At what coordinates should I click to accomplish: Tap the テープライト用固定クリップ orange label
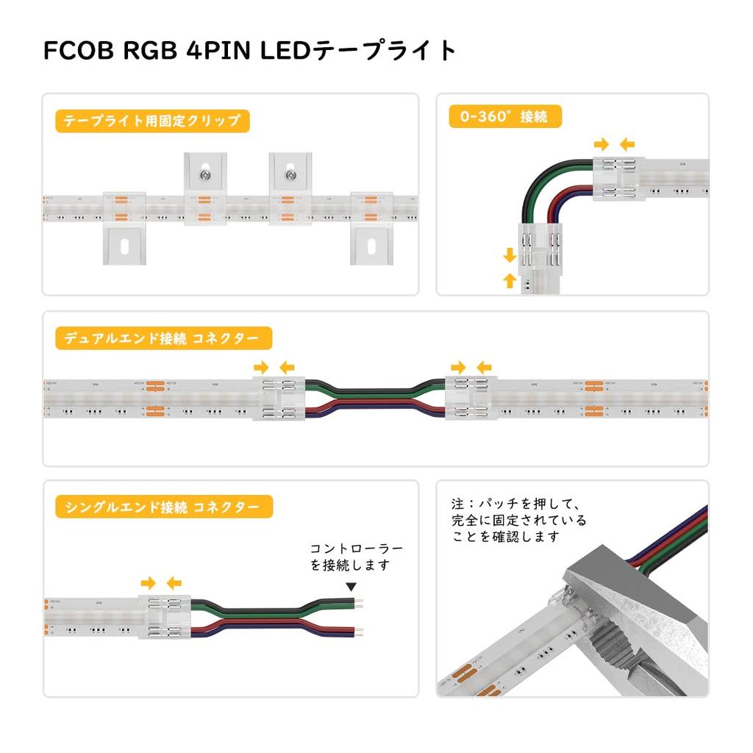tap(152, 121)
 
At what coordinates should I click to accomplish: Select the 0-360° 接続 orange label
tap(504, 116)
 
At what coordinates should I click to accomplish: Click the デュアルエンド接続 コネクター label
tap(163, 338)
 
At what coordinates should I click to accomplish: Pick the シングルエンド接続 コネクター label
tap(163, 507)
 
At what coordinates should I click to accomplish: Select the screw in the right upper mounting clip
tap(291, 176)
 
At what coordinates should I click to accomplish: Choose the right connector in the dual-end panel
tap(469, 397)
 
